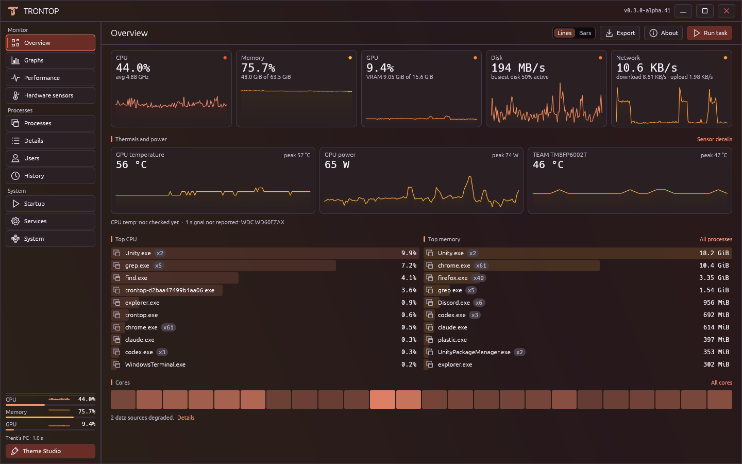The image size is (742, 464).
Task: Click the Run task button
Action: click(709, 33)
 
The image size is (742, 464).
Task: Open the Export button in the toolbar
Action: click(620, 33)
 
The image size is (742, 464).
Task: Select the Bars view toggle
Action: click(585, 33)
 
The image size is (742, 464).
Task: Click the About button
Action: click(663, 33)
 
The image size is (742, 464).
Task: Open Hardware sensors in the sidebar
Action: click(50, 95)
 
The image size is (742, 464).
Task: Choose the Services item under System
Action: click(50, 221)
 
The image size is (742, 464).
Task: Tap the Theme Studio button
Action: click(50, 451)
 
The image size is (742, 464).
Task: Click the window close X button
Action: click(727, 11)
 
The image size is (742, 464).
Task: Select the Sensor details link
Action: click(715, 139)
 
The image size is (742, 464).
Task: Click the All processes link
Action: click(716, 239)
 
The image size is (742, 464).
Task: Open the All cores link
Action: click(721, 383)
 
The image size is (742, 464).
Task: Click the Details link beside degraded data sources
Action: click(186, 418)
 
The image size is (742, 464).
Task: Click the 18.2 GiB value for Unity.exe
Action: click(714, 253)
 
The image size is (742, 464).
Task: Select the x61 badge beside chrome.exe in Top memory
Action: click(481, 266)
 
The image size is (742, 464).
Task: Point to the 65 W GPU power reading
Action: click(337, 164)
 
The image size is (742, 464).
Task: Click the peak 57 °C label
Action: click(297, 155)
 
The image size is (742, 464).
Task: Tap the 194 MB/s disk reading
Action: click(518, 68)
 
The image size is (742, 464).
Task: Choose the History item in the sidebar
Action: click(50, 176)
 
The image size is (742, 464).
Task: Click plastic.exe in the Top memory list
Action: click(452, 340)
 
